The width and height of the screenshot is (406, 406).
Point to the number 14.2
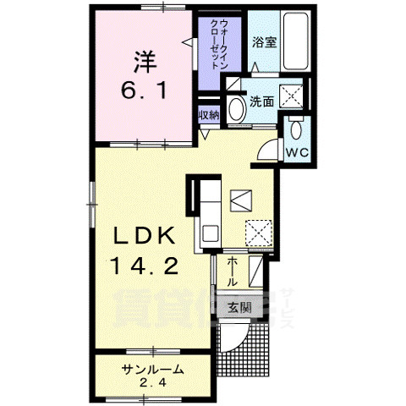141,267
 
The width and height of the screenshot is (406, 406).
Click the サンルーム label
152,368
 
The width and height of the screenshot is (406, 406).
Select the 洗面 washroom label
261,101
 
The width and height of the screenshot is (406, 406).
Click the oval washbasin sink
235,107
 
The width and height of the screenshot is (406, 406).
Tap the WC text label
295,153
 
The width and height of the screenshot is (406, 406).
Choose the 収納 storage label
209,114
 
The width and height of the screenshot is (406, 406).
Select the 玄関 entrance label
239,307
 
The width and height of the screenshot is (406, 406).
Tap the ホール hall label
232,273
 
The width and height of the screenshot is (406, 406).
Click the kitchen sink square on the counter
240,200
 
